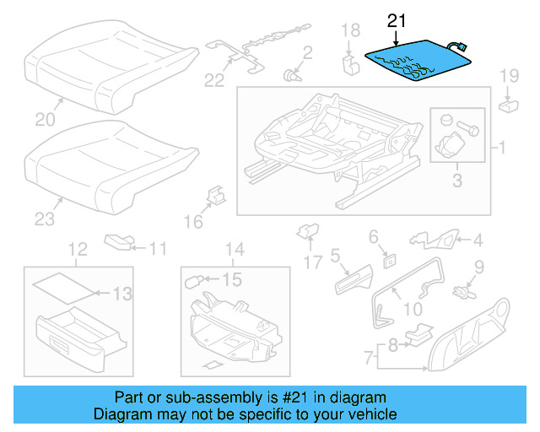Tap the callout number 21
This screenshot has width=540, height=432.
[x=396, y=19]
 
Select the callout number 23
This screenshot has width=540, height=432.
[x=44, y=219]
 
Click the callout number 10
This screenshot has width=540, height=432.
[x=413, y=309]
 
